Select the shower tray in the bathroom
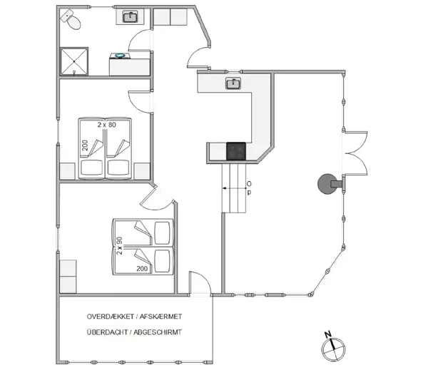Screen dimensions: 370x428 click(x=74, y=61)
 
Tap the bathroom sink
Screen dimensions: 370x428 click(x=131, y=16)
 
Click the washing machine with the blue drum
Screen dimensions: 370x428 click(x=120, y=56)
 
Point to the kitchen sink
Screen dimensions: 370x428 click(x=233, y=84)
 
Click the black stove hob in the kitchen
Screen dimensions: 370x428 click(x=235, y=151)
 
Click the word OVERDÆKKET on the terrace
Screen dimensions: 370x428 click(x=112, y=316)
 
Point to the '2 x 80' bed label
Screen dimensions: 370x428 click(x=107, y=125)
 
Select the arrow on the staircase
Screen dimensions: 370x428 click(x=232, y=188)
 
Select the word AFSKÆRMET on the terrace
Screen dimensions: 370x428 click(x=162, y=316)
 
